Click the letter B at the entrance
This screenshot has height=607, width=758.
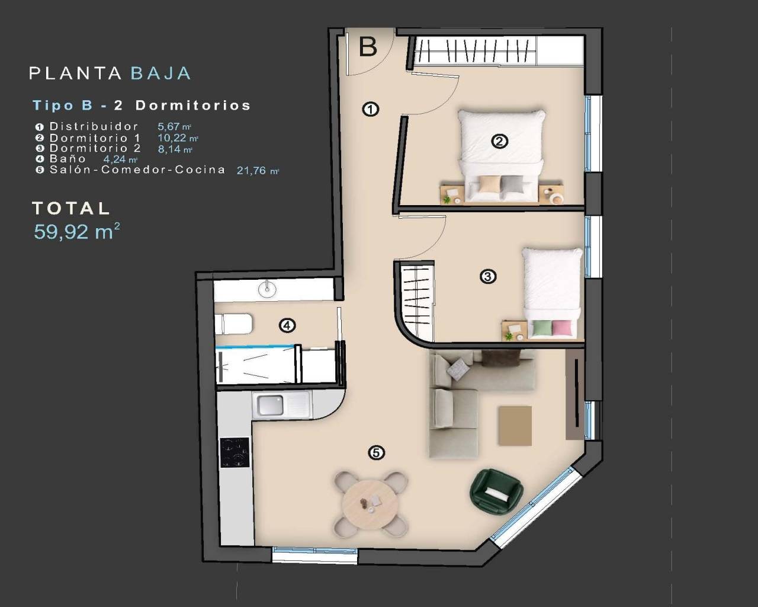click(x=368, y=46)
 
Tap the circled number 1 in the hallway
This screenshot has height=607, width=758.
click(x=371, y=109)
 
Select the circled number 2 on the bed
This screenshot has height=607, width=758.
click(x=500, y=141)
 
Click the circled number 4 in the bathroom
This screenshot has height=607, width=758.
click(x=287, y=325)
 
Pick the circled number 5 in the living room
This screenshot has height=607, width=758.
click(x=376, y=453)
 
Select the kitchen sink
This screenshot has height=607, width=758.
click(x=270, y=405)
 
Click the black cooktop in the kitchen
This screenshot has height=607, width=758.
click(x=235, y=452)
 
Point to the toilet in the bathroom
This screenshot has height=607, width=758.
click(x=236, y=324)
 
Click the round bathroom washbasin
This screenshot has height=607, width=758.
click(x=268, y=289)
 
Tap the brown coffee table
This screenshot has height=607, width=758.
click(x=515, y=426)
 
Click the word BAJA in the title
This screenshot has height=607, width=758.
click(x=160, y=74)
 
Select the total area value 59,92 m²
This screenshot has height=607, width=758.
click(x=76, y=232)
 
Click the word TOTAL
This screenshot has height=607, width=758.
click(x=71, y=209)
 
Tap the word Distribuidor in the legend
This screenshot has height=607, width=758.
click(x=94, y=126)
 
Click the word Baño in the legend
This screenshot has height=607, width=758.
click(x=68, y=159)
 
